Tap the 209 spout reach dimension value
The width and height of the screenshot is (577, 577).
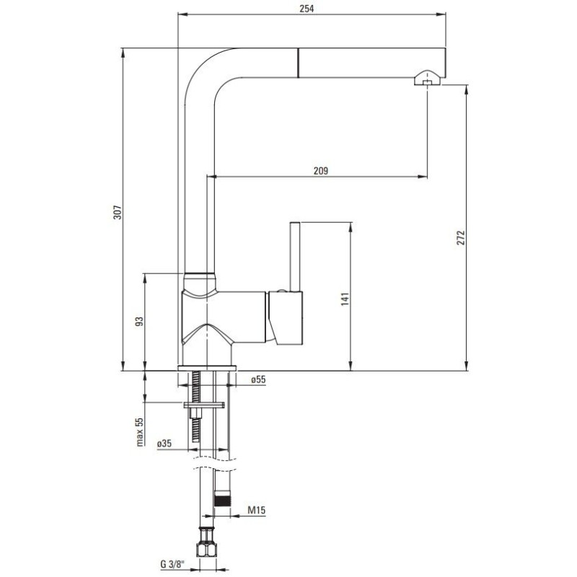point(321,170)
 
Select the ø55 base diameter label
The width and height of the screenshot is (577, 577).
point(259,380)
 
